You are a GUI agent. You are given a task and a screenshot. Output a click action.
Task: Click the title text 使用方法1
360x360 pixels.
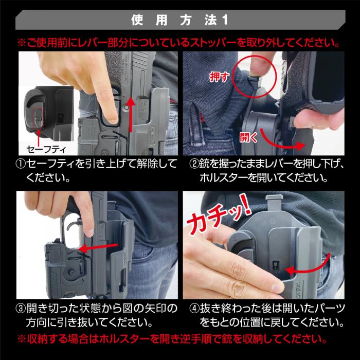tap(179, 21)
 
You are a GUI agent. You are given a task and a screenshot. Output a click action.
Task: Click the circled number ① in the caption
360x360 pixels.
tap(22, 165)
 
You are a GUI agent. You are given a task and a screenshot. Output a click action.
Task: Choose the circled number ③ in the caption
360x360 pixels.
tap(22, 309)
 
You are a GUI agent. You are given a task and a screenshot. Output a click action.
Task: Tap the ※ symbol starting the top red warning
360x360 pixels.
tap(21, 41)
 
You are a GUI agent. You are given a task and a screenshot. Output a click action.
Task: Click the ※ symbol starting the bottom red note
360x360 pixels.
tap(21, 340)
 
